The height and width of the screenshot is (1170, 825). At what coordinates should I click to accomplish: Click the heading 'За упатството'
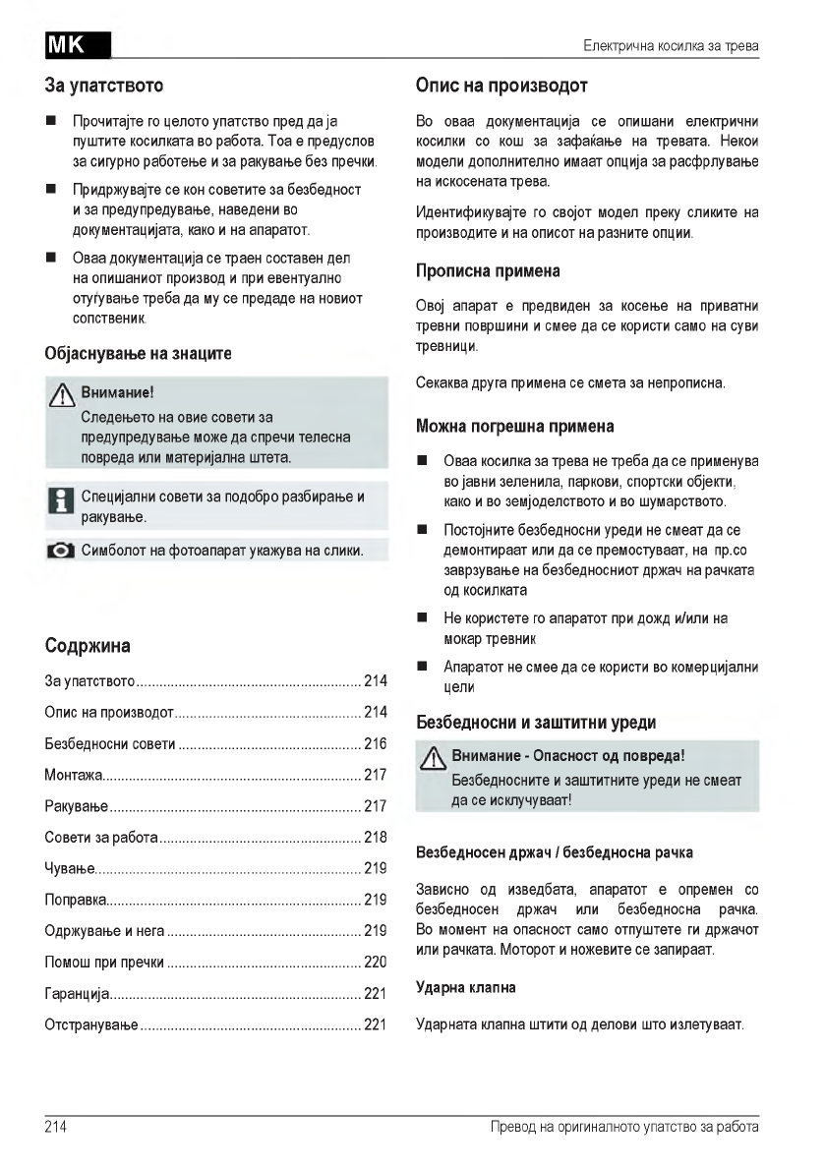pyautogui.click(x=104, y=87)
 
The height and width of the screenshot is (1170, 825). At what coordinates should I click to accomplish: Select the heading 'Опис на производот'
pyautogui.click(x=502, y=87)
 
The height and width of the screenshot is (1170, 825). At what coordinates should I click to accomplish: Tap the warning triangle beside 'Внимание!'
pyautogui.click(x=65, y=395)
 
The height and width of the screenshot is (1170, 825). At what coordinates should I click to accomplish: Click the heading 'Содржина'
pyautogui.click(x=88, y=646)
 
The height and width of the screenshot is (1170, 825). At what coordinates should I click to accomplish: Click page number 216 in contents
pyautogui.click(x=375, y=743)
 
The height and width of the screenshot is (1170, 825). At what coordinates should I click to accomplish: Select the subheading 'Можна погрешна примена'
pyautogui.click(x=516, y=426)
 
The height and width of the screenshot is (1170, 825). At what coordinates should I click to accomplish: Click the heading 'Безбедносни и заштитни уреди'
pyautogui.click(x=537, y=723)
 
